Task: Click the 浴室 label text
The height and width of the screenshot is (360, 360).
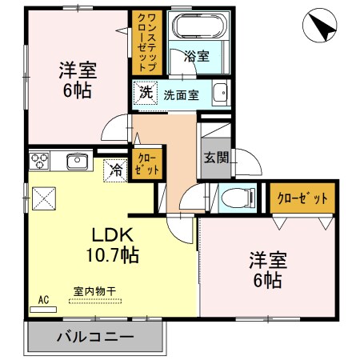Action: tap(196, 57)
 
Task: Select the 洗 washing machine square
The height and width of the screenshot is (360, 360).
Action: tap(145, 93)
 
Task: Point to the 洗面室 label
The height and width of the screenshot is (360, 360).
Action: tap(182, 94)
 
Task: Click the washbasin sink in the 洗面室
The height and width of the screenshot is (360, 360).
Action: tap(221, 94)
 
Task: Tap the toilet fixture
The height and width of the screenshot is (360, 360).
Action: tap(238, 196)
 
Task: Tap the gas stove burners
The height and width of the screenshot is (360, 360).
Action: tap(40, 161)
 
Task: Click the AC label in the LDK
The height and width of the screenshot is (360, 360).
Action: tap(43, 300)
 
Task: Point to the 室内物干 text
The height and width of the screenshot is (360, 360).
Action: tap(94, 290)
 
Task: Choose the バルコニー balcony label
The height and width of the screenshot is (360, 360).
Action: tap(94, 336)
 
